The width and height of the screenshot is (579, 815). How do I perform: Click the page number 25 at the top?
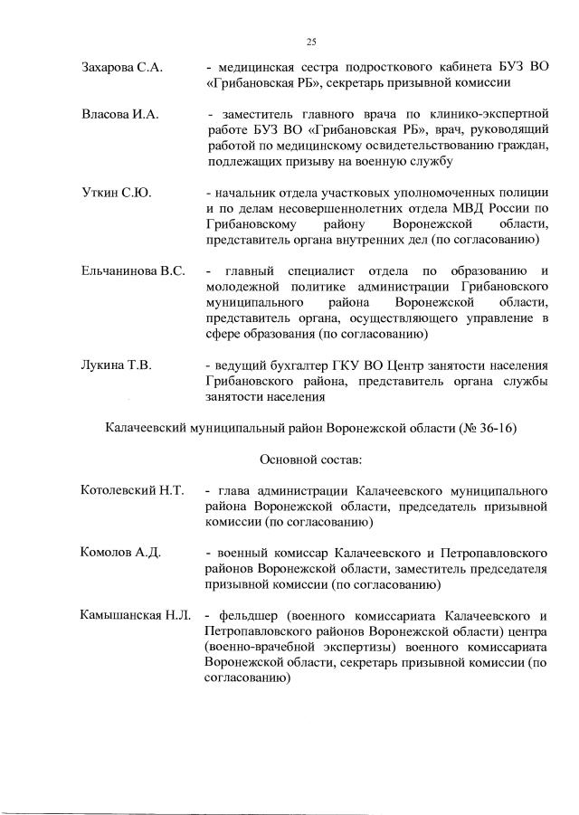click(x=310, y=41)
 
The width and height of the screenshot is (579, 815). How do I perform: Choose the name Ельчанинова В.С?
click(x=133, y=271)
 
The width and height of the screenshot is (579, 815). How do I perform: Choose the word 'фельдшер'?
click(x=243, y=615)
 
